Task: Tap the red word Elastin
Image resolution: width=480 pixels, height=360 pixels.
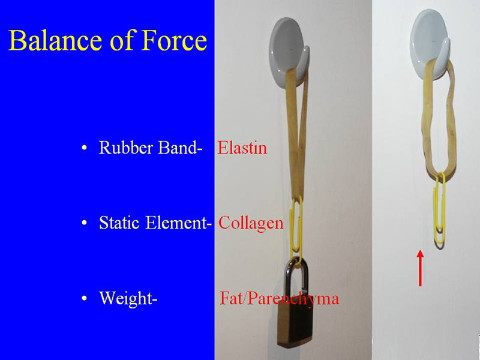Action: coord(242,148)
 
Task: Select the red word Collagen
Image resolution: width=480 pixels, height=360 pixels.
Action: coord(251,223)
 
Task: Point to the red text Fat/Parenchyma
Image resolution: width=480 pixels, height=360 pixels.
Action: coord(279,298)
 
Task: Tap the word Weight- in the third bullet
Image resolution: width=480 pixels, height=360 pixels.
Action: coord(128,298)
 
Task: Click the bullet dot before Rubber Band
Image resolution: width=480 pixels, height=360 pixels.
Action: coord(84,148)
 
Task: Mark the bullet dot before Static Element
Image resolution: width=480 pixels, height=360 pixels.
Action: coord(84,223)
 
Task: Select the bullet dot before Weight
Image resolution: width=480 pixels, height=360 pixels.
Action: coord(84,298)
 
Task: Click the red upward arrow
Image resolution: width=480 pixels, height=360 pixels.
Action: coord(420,268)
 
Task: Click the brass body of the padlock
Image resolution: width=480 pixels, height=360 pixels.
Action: coord(294,325)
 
